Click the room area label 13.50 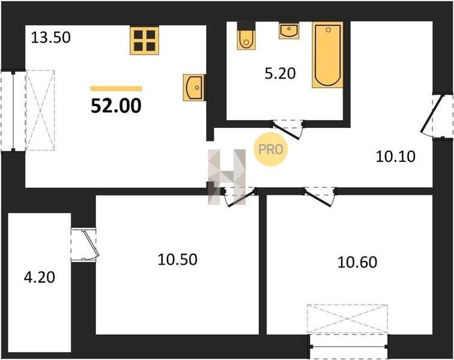tap(50, 38)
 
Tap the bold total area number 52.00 tap(116, 106)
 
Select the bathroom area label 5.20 tap(280, 73)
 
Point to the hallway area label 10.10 tap(396, 157)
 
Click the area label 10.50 tap(178, 259)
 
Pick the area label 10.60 tap(357, 262)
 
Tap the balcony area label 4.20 tap(40, 277)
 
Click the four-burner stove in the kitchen tap(145, 40)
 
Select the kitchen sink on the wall tap(195, 88)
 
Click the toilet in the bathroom tap(246, 35)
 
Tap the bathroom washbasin tap(289, 31)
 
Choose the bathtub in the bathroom tap(327, 55)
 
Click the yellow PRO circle tap(271, 149)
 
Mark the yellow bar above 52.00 tap(116, 89)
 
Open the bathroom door tap(288, 129)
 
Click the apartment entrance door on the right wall tap(437, 116)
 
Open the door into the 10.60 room tap(319, 196)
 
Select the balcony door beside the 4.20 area tap(85, 245)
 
